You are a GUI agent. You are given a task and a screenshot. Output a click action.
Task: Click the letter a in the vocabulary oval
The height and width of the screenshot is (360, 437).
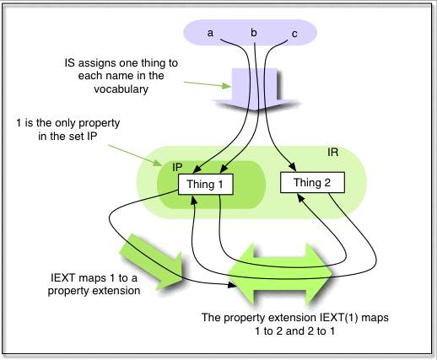tap(211, 33)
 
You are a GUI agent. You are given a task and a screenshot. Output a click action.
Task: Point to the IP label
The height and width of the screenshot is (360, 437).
tap(178, 169)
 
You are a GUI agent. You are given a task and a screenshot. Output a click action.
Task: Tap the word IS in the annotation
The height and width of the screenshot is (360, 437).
tap(72, 62)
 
